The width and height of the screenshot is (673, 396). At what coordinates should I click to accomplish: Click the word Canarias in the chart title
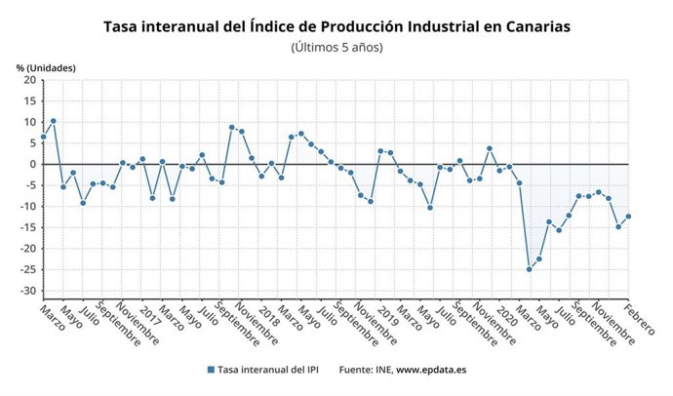532,26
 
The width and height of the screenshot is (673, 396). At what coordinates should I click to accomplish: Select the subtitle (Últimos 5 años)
336,47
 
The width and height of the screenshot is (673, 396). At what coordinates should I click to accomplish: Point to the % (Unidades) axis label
46,67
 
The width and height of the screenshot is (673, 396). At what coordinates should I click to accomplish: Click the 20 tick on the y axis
28,80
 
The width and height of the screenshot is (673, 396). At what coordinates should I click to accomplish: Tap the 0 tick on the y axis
31,165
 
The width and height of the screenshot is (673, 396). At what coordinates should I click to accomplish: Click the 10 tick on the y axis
28,122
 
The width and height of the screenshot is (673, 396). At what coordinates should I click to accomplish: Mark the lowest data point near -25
530,269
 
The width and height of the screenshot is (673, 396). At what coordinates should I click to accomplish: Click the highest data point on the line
54,121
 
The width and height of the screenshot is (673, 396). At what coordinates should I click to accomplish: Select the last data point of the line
628,217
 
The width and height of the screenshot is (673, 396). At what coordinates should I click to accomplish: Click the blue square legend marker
211,370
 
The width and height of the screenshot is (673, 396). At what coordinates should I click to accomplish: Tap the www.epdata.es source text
431,370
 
